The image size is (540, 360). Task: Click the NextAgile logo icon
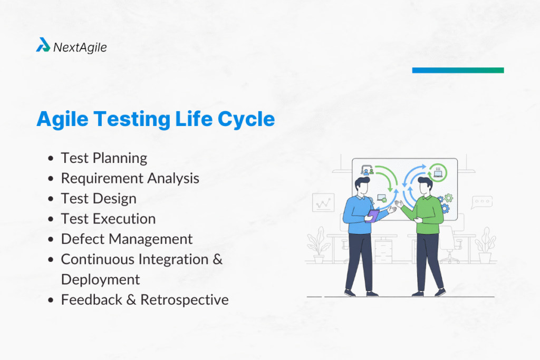(43, 46)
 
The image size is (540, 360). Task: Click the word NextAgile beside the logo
(80, 47)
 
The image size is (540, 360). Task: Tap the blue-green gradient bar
(458, 70)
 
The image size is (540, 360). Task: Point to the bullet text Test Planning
(104, 158)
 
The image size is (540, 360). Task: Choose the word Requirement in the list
(100, 178)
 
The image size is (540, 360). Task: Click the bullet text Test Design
(99, 198)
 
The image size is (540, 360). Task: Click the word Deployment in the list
(100, 279)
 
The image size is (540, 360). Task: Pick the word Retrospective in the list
(185, 300)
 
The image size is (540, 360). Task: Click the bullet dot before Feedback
(51, 300)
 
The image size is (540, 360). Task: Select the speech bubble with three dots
(482, 201)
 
